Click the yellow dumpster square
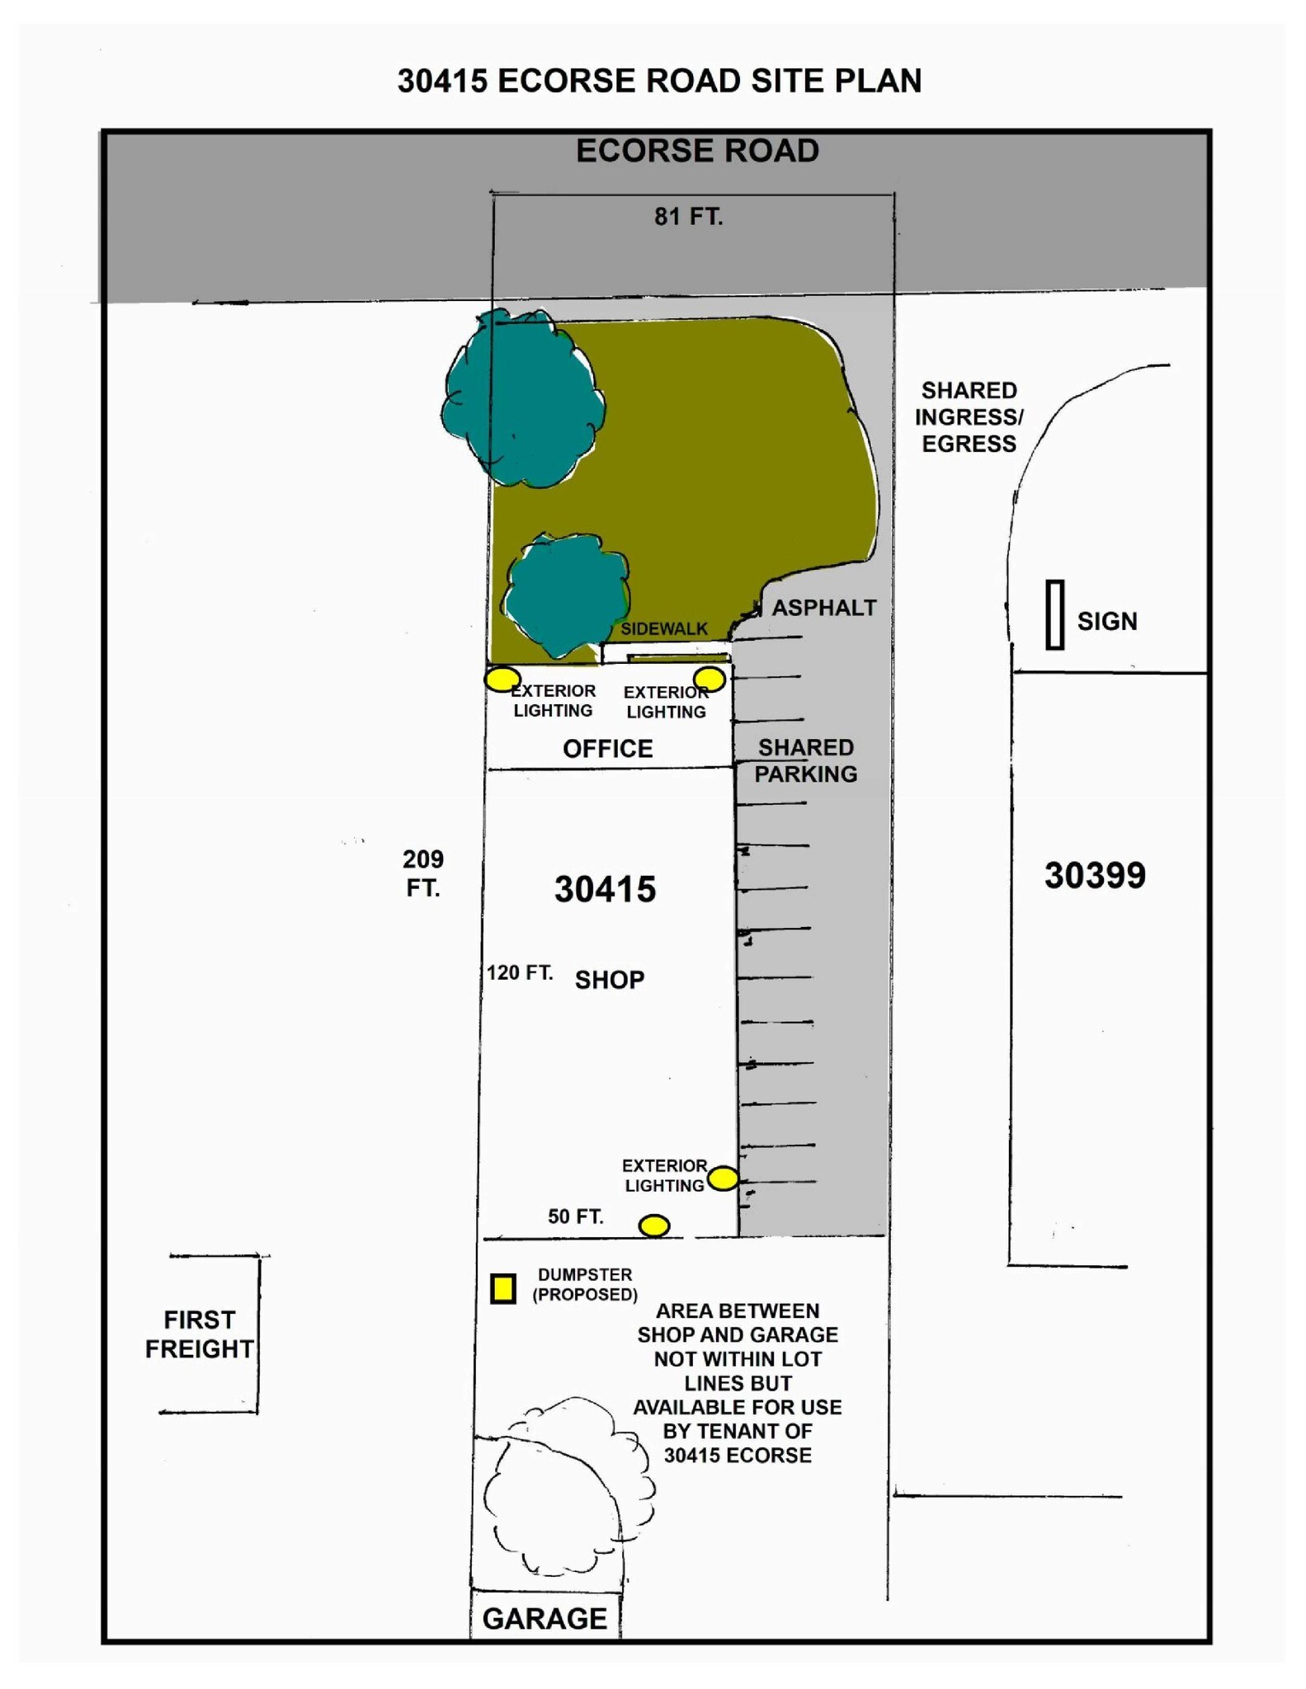tap(503, 1287)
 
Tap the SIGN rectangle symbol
tap(1054, 614)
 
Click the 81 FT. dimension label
tap(688, 217)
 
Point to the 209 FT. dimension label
tap(423, 873)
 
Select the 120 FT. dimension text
tap(520, 972)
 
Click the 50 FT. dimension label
tap(576, 1216)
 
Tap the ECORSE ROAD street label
tap(697, 151)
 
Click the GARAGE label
tap(545, 1618)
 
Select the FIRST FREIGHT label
tap(199, 1334)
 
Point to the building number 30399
tap(1095, 876)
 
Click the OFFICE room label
tap(608, 749)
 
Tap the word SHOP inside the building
tap(610, 980)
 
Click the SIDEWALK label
tap(664, 628)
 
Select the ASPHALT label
tap(824, 608)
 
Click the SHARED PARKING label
tap(806, 760)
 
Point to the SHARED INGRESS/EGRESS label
tap(969, 416)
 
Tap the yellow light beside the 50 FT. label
tap(654, 1226)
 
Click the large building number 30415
tap(605, 890)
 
